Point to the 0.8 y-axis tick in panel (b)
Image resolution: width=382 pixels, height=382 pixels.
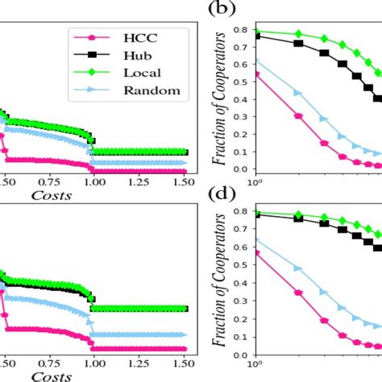click(239, 30)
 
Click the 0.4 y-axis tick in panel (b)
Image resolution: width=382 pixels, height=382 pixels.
click(239, 99)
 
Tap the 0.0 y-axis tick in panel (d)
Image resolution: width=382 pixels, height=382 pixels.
click(239, 355)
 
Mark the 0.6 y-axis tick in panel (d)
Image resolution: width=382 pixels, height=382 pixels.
click(239, 249)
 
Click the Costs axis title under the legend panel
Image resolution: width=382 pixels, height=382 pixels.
click(51, 193)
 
